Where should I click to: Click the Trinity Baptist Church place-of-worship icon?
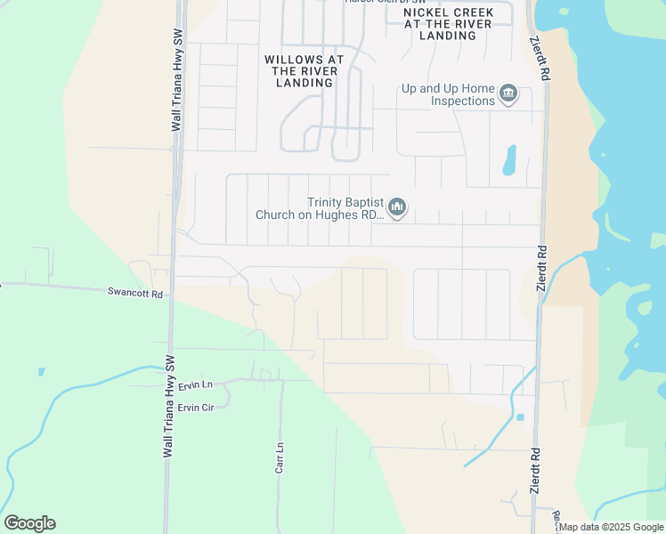(x=397, y=208)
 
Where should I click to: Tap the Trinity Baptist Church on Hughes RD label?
(x=320, y=208)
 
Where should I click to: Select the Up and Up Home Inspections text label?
(x=448, y=94)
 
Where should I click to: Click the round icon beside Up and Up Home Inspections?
(x=508, y=93)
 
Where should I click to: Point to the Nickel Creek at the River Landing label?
(x=447, y=24)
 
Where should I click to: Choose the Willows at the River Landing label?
(x=304, y=71)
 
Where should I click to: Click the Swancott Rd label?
(x=135, y=292)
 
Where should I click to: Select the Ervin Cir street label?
(x=196, y=408)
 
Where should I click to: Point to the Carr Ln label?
(x=280, y=457)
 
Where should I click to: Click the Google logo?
(x=29, y=523)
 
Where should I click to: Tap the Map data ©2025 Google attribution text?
(x=611, y=527)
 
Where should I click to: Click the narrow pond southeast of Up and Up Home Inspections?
(x=509, y=159)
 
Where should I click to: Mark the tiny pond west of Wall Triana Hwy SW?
(x=41, y=371)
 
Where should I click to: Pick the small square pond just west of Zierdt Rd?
(x=520, y=417)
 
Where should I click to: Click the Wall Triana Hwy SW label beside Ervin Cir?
(x=167, y=407)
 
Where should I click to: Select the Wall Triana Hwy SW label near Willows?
(x=176, y=81)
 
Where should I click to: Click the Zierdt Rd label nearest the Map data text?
(x=536, y=470)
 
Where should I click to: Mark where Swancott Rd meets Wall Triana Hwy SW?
(x=170, y=295)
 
